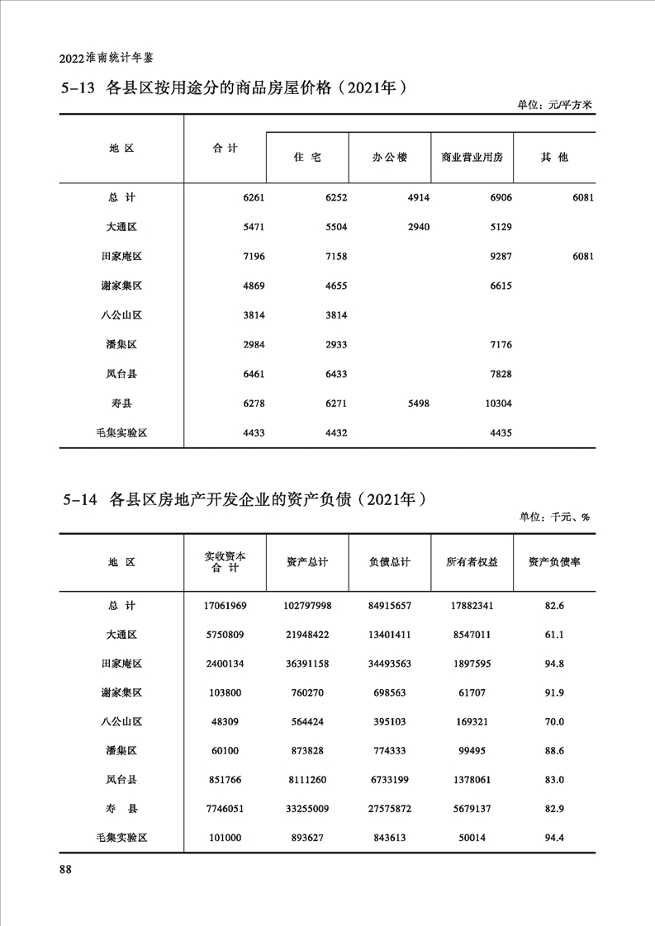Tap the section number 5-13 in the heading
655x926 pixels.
(x=79, y=88)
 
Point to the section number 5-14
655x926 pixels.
(x=80, y=499)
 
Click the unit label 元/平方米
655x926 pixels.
(x=570, y=105)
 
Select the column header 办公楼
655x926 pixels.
(x=389, y=157)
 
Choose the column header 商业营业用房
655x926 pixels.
(x=472, y=157)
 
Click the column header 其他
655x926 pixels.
(x=553, y=157)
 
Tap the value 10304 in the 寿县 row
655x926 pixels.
(x=496, y=403)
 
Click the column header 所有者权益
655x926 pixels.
(x=472, y=562)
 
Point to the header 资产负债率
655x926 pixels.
(x=554, y=562)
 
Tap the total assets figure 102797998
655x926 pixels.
(x=306, y=606)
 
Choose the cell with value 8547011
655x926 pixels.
(x=472, y=635)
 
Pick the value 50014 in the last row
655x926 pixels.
(x=472, y=837)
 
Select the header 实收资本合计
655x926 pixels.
(x=225, y=562)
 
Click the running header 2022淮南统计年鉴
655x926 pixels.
(x=107, y=59)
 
